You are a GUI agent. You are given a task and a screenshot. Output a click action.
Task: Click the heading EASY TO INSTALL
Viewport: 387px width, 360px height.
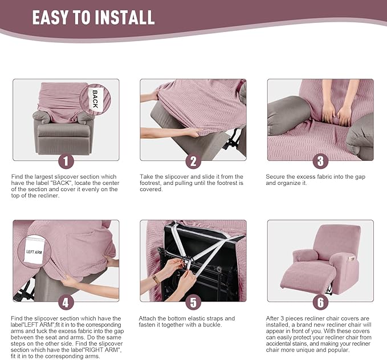tap(93, 17)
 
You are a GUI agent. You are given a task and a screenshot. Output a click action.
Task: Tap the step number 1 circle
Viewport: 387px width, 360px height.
tap(66, 161)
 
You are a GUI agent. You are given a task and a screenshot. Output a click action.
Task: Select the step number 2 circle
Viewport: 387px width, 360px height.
tap(193, 161)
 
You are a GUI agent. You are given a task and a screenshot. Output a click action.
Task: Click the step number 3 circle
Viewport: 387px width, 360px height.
tap(320, 161)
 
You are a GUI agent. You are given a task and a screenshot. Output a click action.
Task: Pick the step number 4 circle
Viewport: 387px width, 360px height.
tap(66, 302)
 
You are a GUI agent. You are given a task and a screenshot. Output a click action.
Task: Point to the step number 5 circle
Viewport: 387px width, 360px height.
tap(193, 302)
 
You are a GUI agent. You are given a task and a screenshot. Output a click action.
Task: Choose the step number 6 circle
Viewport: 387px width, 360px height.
tap(320, 302)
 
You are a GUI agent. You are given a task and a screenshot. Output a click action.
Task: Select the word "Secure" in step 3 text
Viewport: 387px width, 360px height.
tap(275, 177)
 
